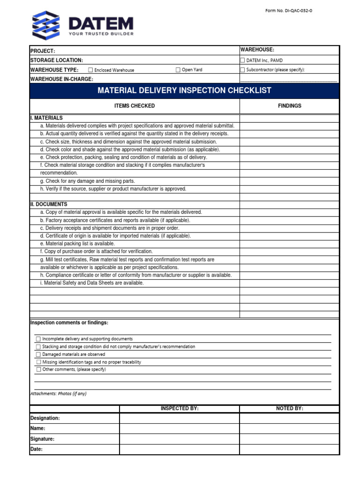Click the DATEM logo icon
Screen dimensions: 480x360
pyautogui.click(x=46, y=25)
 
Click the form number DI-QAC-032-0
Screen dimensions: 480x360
pyautogui.click(x=288, y=10)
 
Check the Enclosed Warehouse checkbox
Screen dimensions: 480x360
pyautogui.click(x=90, y=70)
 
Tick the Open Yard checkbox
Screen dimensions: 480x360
pyautogui.click(x=178, y=70)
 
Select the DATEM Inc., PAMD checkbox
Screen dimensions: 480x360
pyautogui.click(x=242, y=60)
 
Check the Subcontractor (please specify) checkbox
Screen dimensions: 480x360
pyautogui.click(x=242, y=70)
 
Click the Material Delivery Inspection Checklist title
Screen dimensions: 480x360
pyautogui.click(x=184, y=90)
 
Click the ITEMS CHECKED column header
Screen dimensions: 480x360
pyautogui.click(x=135, y=106)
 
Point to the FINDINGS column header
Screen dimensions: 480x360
pyautogui.click(x=289, y=106)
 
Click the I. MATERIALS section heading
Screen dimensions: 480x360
pyautogui.click(x=46, y=118)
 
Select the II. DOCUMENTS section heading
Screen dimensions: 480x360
pyautogui.click(x=49, y=204)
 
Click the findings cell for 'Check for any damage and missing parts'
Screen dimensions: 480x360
pyautogui.click(x=289, y=181)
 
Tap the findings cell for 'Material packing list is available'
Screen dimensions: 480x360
pyautogui.click(x=289, y=244)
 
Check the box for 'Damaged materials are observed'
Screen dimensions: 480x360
pyautogui.click(x=38, y=354)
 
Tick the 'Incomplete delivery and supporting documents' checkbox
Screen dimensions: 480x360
pyautogui.click(x=38, y=339)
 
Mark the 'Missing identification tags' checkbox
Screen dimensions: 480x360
pyautogui.click(x=38, y=362)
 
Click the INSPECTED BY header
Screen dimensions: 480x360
pyautogui.click(x=180, y=409)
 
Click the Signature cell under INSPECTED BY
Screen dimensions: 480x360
pyautogui.click(x=180, y=439)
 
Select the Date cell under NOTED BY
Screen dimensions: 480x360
pyautogui.click(x=289, y=450)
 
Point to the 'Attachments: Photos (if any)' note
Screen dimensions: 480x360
pyautogui.click(x=59, y=394)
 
